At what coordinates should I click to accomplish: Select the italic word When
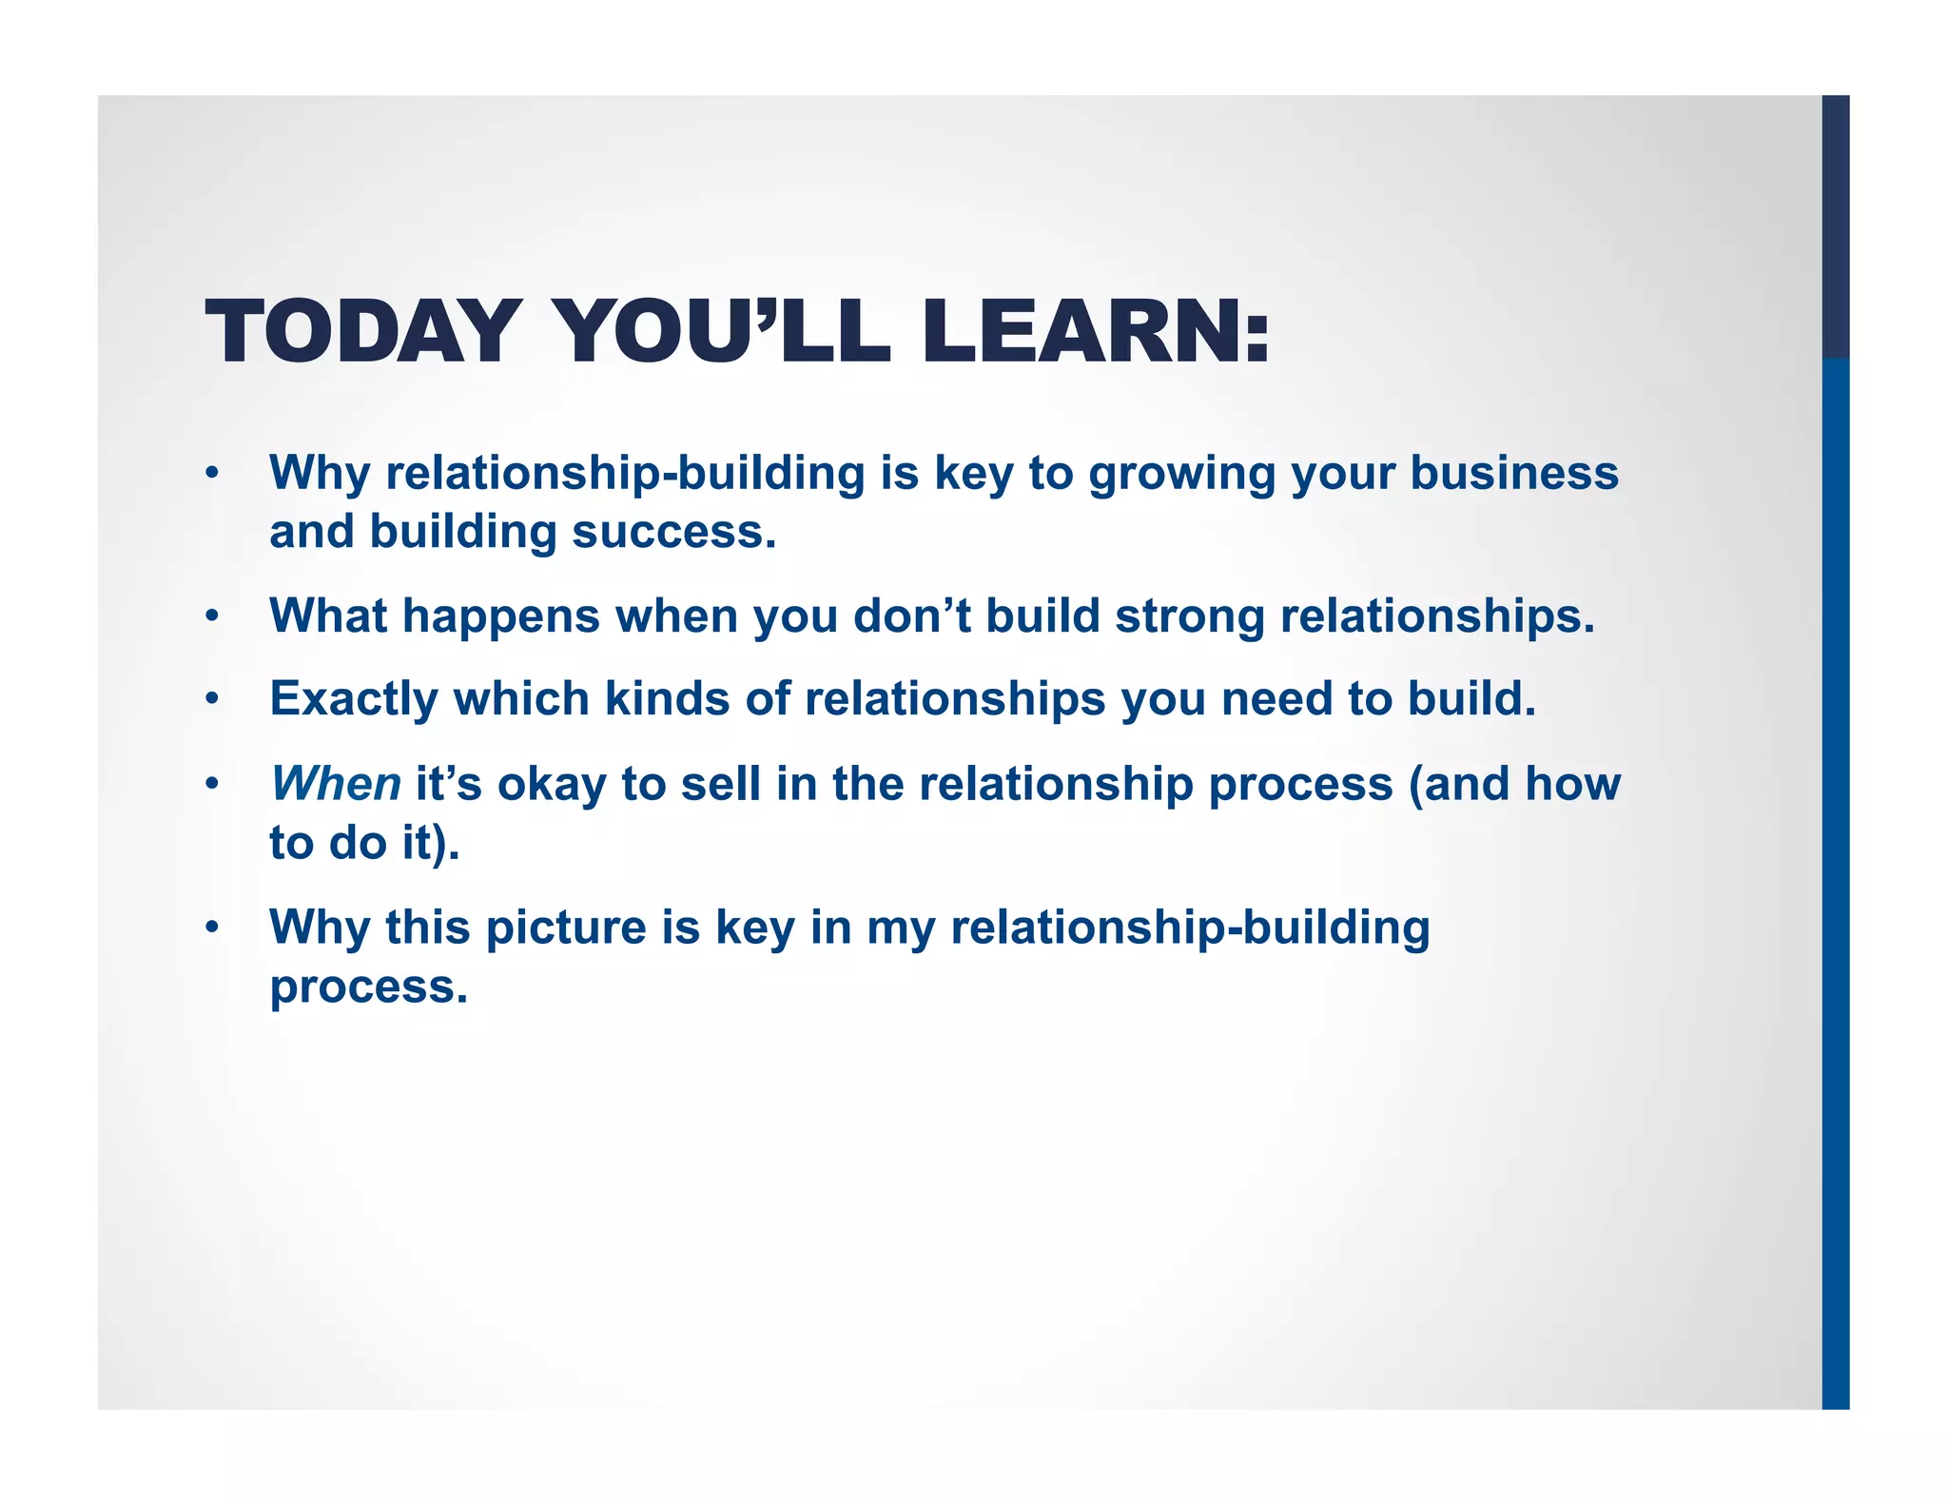point(336,784)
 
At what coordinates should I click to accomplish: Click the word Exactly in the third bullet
point(354,699)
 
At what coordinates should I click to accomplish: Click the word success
point(673,532)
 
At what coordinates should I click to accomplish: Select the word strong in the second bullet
point(1189,616)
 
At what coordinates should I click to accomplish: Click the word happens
point(501,616)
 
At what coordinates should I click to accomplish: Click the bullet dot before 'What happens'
point(213,616)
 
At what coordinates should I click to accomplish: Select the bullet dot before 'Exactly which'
point(213,699)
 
